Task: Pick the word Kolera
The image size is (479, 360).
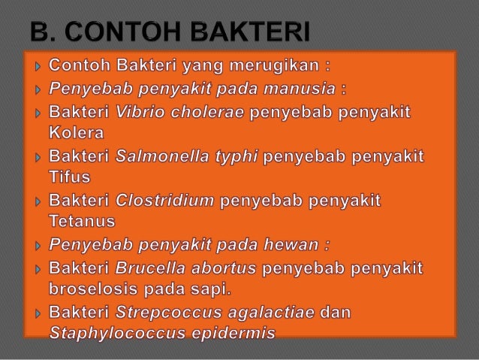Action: click(x=77, y=134)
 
